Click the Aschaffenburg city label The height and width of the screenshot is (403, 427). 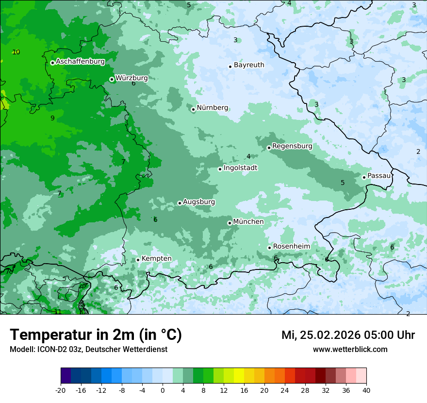pyautogui.click(x=80, y=62)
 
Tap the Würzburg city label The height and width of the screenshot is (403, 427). pyautogui.click(x=131, y=78)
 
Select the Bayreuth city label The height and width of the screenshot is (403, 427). pyautogui.click(x=249, y=65)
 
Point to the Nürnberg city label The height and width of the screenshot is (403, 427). pyautogui.click(x=212, y=108)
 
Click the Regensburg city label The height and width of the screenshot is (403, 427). pyautogui.click(x=292, y=146)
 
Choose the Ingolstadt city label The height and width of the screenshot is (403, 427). pyautogui.click(x=240, y=168)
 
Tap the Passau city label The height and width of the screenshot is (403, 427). pyautogui.click(x=379, y=176)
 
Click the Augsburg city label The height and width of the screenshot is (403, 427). pyautogui.click(x=199, y=202)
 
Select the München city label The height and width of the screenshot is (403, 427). pyautogui.click(x=248, y=222)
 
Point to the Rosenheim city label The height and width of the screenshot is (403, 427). pyautogui.click(x=291, y=247)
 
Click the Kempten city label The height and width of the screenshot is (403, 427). pyautogui.click(x=156, y=259)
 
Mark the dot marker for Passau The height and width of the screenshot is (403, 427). pyautogui.click(x=364, y=177)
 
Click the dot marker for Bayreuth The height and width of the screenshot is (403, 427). pyautogui.click(x=230, y=67)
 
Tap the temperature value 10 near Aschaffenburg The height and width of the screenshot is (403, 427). pyautogui.click(x=16, y=52)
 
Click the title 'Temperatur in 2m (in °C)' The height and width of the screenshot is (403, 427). pyautogui.click(x=96, y=335)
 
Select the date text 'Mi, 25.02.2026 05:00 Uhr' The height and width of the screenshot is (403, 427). pyautogui.click(x=348, y=335)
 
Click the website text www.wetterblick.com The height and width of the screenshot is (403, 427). pyautogui.click(x=350, y=349)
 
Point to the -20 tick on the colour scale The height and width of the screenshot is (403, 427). pyautogui.click(x=61, y=390)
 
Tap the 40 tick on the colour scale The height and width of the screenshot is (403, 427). pyautogui.click(x=366, y=390)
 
